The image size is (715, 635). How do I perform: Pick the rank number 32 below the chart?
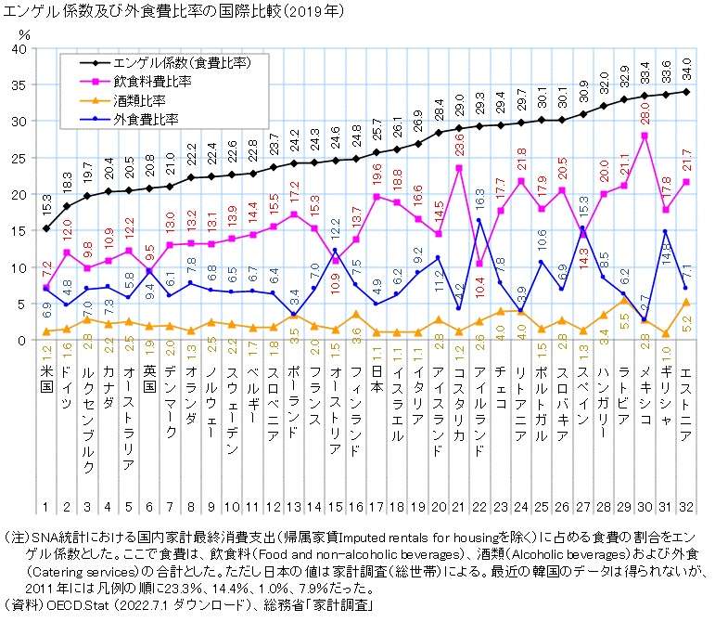[x=685, y=506]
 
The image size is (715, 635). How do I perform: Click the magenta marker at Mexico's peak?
[x=644, y=136]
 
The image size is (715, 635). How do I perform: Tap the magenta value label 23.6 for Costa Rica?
[x=458, y=148]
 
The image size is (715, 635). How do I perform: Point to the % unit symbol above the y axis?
[x=24, y=34]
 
